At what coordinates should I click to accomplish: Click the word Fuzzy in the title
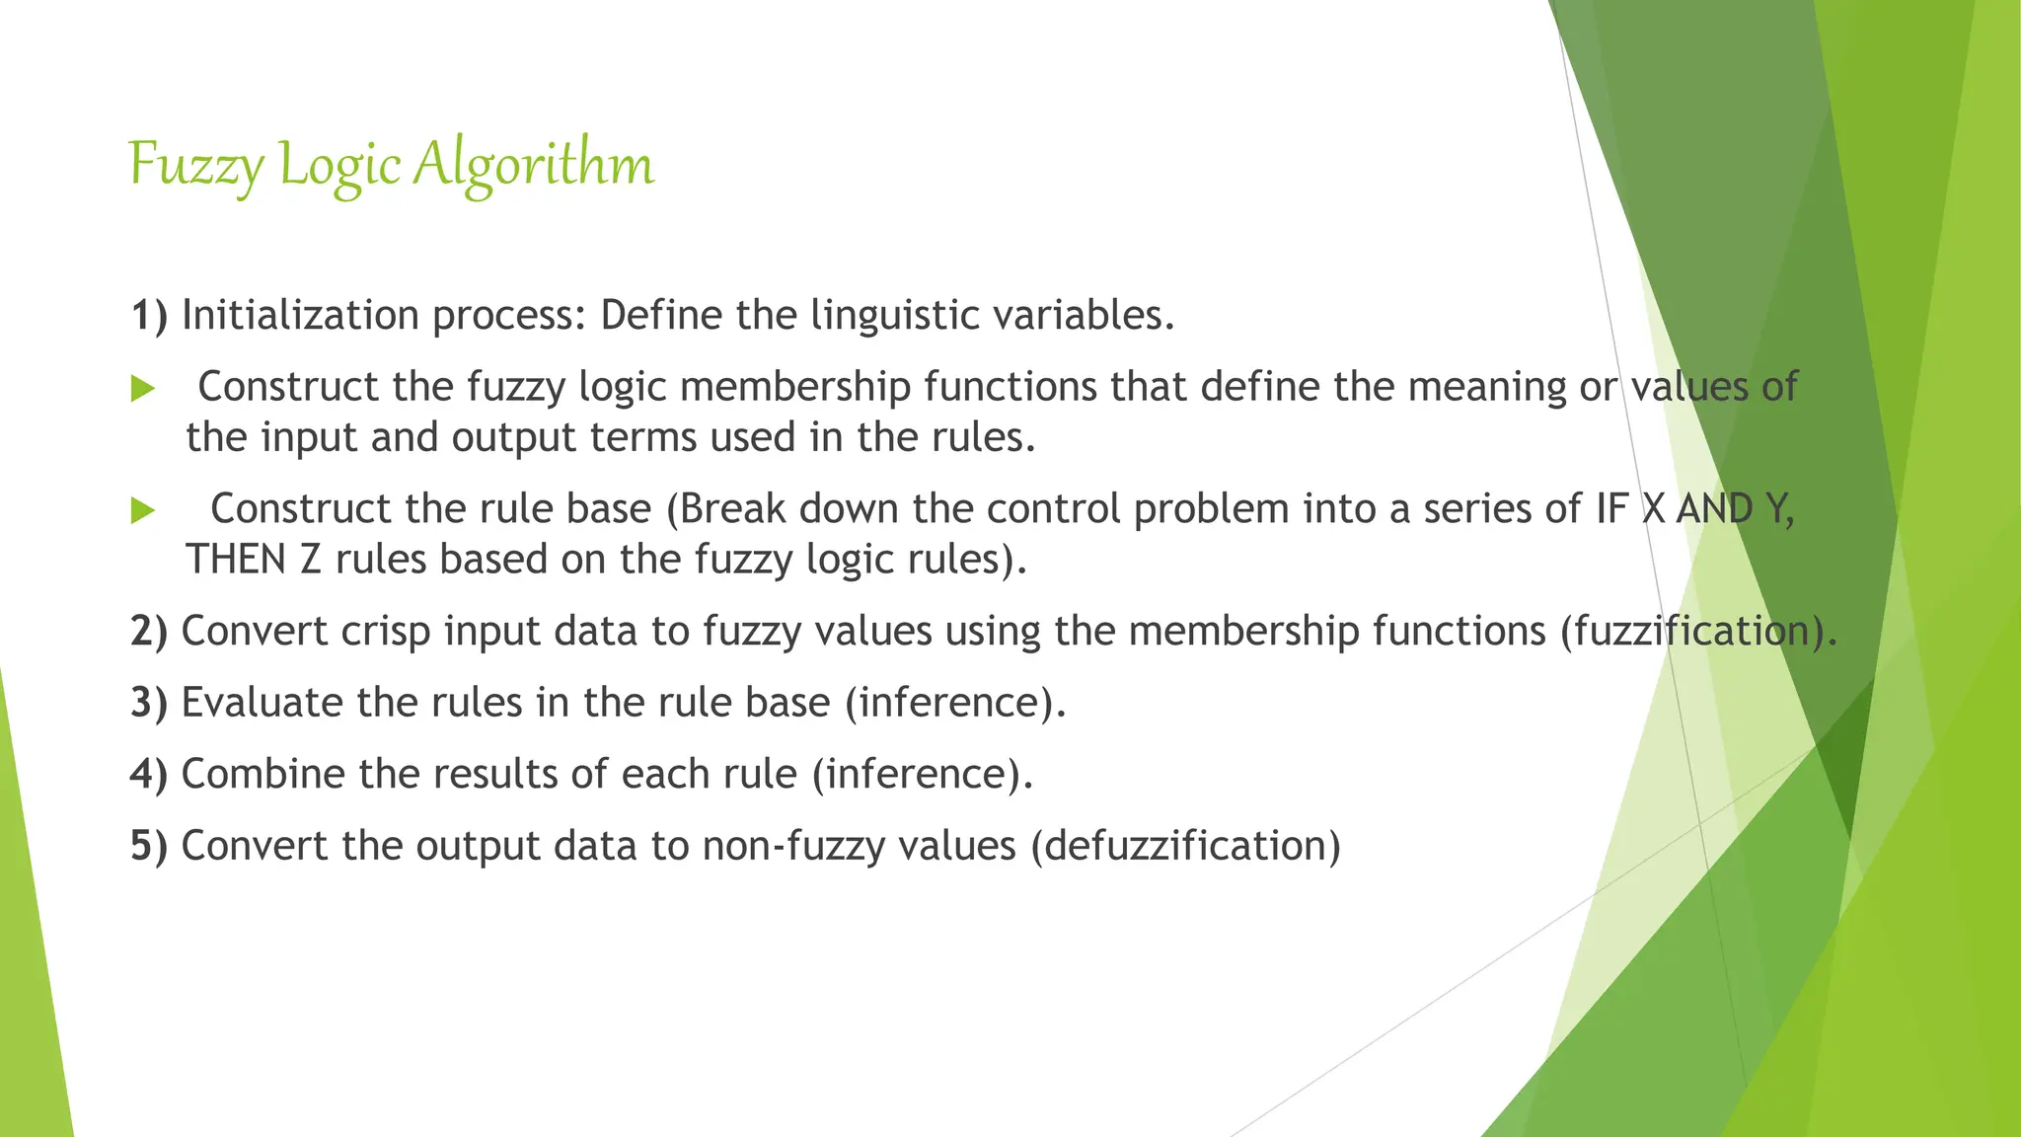[x=195, y=164]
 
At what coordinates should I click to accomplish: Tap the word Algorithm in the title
[x=533, y=164]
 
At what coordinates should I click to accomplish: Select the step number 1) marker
[x=149, y=316]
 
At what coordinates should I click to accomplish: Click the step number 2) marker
[x=149, y=632]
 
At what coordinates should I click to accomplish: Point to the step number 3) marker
[x=149, y=703]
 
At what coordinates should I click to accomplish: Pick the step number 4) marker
[x=149, y=774]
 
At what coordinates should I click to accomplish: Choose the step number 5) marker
[x=149, y=846]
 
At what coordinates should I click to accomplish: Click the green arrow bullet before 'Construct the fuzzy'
[x=143, y=389]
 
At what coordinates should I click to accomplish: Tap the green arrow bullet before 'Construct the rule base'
[x=143, y=510]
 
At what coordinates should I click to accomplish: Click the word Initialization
[x=300, y=316]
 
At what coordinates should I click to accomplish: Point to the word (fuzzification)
[x=1698, y=632]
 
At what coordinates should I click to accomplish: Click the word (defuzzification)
[x=1185, y=846]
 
